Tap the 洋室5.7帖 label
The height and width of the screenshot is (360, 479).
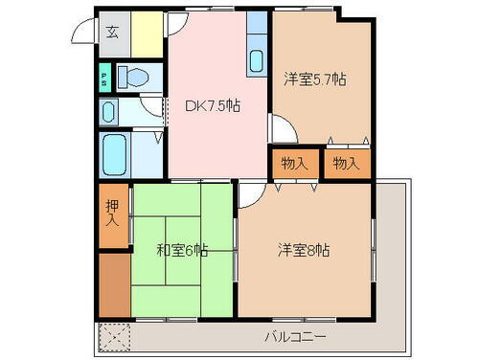pos(314,81)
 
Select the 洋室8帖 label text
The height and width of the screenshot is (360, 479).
pos(304,252)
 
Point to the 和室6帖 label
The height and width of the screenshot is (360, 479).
pos(181,252)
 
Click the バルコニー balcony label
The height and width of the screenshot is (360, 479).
pos(295,338)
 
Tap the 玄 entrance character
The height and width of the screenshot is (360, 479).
pos(112,32)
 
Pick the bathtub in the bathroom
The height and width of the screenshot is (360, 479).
pos(116,153)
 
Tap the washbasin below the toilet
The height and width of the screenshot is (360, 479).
pos(109,113)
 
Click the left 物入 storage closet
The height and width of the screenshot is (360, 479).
pos(295,164)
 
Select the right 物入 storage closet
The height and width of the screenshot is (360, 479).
pos(346,164)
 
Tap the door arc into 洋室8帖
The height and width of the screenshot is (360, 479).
pos(247,194)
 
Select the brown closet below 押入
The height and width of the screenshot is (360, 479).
pos(112,285)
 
